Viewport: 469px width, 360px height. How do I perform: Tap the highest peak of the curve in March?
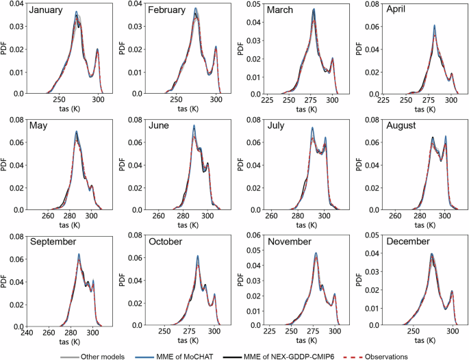[x=314, y=10]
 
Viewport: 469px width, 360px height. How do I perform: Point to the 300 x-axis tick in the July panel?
[x=325, y=216]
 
